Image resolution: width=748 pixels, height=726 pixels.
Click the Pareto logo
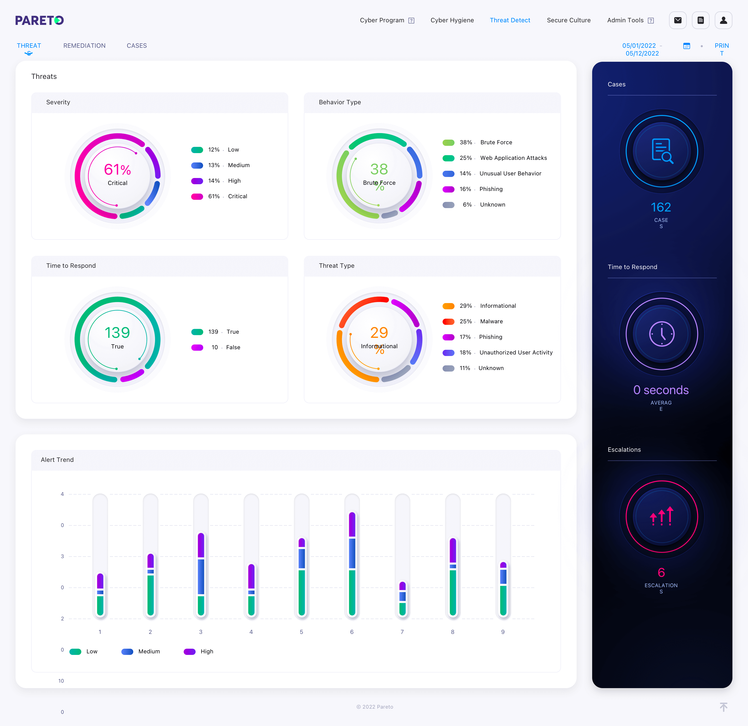39,20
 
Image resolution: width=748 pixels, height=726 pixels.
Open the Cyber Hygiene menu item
452,20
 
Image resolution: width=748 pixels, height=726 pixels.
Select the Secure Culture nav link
569,20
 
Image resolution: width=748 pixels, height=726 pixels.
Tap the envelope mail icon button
678,20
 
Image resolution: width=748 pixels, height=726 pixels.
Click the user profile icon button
723,20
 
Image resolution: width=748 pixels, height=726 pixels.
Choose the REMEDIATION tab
84,46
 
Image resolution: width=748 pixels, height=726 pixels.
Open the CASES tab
137,46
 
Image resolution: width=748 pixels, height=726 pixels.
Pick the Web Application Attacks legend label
513,158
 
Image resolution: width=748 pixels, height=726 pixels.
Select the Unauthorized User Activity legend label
516,352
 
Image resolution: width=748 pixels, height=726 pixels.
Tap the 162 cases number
661,207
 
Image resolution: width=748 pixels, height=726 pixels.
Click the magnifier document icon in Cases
662,151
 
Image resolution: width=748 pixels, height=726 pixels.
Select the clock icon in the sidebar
662,334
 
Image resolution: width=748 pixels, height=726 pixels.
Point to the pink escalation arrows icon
662,516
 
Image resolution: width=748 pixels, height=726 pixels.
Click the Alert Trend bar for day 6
352,564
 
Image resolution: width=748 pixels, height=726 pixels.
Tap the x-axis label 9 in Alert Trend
503,632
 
